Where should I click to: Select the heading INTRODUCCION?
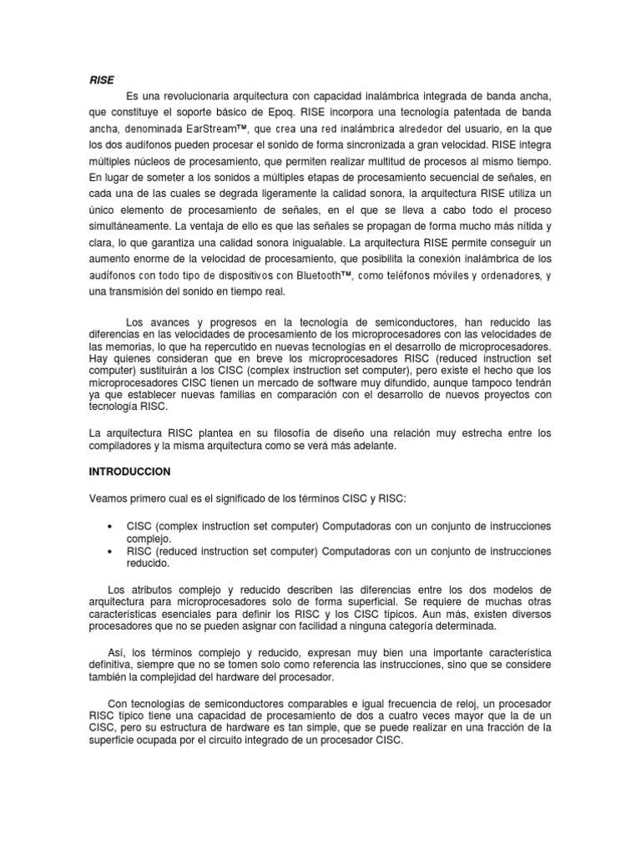129,472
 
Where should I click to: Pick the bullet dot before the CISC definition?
111,528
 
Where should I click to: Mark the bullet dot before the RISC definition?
111,552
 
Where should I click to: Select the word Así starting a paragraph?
118,650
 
